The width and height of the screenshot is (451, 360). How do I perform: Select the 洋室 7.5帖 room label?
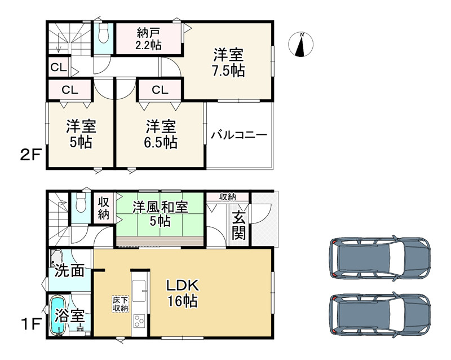[228, 63]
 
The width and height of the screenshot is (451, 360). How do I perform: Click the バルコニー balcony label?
[239, 135]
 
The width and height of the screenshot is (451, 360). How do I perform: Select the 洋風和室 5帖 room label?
[160, 213]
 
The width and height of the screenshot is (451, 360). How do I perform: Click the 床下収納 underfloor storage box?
[120, 304]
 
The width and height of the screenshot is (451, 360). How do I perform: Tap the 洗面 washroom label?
[69, 270]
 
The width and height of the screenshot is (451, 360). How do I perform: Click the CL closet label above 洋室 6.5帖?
[160, 89]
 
